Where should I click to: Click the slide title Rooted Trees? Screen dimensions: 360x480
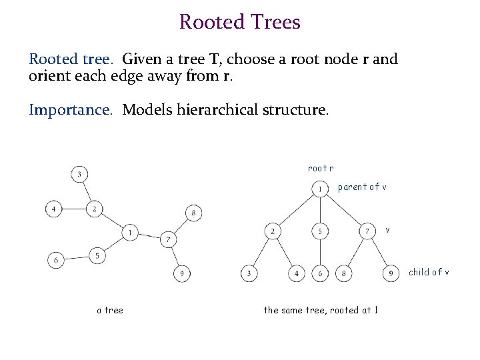click(x=239, y=22)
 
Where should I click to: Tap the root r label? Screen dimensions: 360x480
click(x=321, y=169)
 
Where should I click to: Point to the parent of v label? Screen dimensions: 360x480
click(x=362, y=187)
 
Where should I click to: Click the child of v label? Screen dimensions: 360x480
click(x=429, y=272)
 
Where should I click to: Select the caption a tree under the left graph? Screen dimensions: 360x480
click(x=110, y=309)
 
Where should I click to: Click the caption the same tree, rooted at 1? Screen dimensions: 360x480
click(x=321, y=309)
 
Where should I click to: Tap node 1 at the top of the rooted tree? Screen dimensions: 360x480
click(x=321, y=189)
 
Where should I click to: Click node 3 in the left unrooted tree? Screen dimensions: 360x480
click(x=79, y=175)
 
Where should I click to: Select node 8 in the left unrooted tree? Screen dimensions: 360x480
click(x=193, y=213)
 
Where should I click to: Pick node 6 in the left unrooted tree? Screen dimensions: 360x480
click(x=56, y=260)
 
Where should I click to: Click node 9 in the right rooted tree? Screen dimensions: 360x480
click(x=391, y=273)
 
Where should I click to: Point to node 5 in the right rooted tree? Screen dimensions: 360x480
click(x=321, y=231)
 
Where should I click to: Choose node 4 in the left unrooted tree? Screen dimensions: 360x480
click(x=54, y=209)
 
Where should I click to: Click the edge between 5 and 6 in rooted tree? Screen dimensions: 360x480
click(x=321, y=252)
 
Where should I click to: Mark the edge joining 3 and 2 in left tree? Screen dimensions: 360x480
click(x=87, y=192)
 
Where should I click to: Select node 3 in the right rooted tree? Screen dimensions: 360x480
click(x=249, y=273)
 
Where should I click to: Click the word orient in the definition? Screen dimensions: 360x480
click(x=47, y=76)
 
